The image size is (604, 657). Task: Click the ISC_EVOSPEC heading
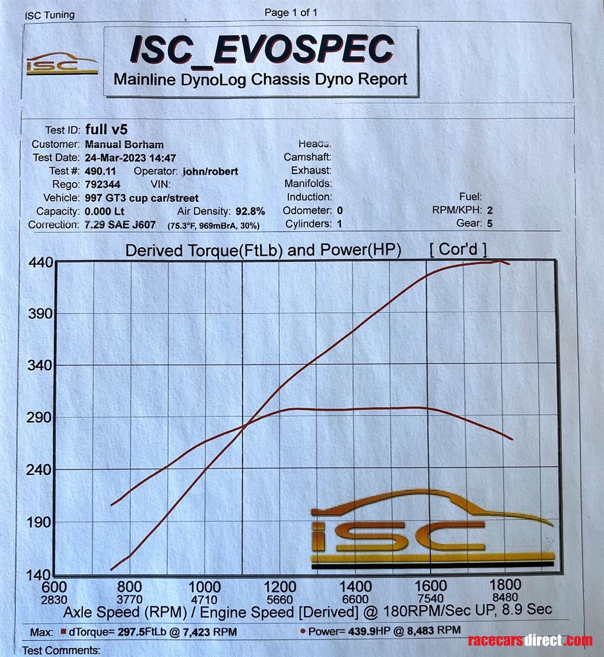[x=261, y=50]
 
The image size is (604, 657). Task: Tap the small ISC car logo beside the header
[x=62, y=65]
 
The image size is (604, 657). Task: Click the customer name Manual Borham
[x=124, y=145]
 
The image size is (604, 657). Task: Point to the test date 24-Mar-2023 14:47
[x=130, y=158]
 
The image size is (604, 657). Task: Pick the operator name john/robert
[x=210, y=171]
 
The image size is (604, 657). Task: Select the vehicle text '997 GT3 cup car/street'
[x=141, y=198]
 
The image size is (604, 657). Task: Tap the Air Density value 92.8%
[x=250, y=211]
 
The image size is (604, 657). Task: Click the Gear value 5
[x=490, y=224]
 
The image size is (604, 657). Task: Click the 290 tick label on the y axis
[x=40, y=417]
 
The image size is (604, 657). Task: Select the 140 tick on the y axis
[x=40, y=575]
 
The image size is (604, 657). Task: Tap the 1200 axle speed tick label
[x=280, y=587]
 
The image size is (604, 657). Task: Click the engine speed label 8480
[x=505, y=598]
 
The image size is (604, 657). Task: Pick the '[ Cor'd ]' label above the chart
[x=458, y=250]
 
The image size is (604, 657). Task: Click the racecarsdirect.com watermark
[x=530, y=640]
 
